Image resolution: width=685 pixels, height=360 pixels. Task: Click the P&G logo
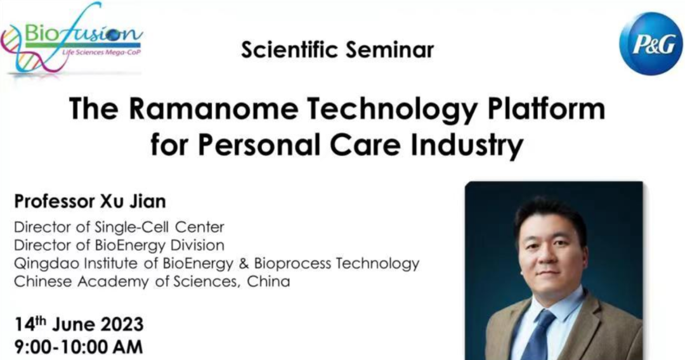click(x=651, y=43)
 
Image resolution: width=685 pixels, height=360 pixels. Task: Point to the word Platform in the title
click(x=546, y=108)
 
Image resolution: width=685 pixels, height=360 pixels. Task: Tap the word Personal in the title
click(x=259, y=145)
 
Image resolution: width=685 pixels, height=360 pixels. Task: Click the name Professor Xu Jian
click(x=90, y=202)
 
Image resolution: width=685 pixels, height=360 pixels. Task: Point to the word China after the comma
click(x=268, y=281)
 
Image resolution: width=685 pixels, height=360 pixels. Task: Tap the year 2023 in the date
click(x=122, y=325)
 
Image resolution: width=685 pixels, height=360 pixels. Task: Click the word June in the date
click(x=74, y=325)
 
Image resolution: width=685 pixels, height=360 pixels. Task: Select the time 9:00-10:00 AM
click(x=79, y=347)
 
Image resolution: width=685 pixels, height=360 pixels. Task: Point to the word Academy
click(x=114, y=282)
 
